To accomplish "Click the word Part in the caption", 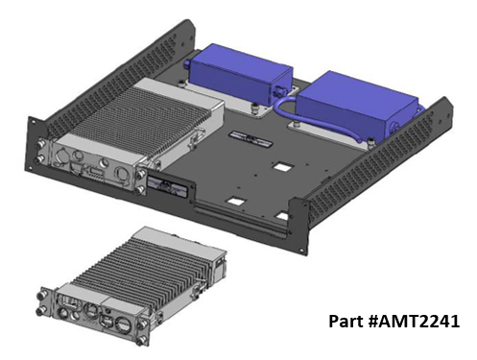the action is pyautogui.click(x=346, y=321).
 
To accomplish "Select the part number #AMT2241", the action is pyautogui.click(x=414, y=321).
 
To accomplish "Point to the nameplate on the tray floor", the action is pyautogui.click(x=250, y=139).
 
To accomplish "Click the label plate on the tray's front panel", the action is pyautogui.click(x=167, y=186).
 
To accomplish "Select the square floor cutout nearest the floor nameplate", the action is pyautogui.click(x=283, y=166).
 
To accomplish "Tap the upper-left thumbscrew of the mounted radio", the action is pyautogui.click(x=40, y=145).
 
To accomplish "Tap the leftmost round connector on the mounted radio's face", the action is pyautogui.click(x=60, y=157).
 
